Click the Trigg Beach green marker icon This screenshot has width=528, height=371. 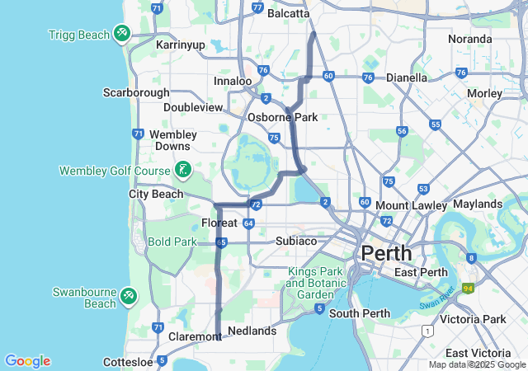click(x=122, y=33)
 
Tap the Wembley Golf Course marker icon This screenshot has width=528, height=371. click(x=183, y=171)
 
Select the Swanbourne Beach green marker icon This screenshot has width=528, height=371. click(x=129, y=294)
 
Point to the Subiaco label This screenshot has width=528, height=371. click(x=296, y=241)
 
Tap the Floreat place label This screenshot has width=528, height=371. click(x=219, y=223)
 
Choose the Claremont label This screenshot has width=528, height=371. click(x=195, y=336)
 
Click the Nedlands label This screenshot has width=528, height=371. click(x=252, y=331)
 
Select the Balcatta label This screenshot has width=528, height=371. click(x=288, y=13)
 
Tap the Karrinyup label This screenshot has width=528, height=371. click(x=180, y=44)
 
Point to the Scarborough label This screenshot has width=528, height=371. click(x=136, y=92)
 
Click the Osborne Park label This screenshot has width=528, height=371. click(x=283, y=117)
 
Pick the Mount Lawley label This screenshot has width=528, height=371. click(x=411, y=204)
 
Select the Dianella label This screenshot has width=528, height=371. click(x=408, y=77)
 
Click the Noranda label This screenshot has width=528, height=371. click(x=469, y=39)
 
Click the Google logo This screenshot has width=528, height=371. click(x=27, y=361)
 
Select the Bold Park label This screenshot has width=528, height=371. click(x=172, y=242)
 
